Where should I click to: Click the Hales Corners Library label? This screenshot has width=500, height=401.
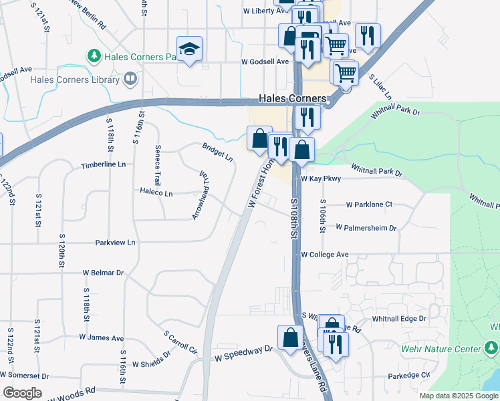point(74,80)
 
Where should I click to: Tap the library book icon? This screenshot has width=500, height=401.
point(130,80)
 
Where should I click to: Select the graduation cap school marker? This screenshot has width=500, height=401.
point(189,48)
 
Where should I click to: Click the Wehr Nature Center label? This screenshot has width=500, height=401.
point(442,349)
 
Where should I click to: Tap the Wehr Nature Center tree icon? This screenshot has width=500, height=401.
point(491,348)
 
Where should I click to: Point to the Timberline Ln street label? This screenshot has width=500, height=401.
point(103,164)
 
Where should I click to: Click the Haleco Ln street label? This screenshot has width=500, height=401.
point(156,193)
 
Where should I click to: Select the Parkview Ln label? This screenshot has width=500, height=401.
point(115,243)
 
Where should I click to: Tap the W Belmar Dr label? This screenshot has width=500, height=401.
point(103,273)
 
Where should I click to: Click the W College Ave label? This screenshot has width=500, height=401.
point(325,255)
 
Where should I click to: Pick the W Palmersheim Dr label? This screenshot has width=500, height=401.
point(366,228)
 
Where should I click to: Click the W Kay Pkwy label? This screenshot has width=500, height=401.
point(321,179)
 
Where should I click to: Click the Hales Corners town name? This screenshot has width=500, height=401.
point(292,99)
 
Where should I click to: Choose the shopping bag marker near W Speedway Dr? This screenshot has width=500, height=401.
point(291,338)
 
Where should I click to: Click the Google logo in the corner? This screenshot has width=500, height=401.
point(21,393)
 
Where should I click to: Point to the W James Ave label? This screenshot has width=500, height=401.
point(102,338)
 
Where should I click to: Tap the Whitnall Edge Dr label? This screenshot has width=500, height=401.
point(399,319)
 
